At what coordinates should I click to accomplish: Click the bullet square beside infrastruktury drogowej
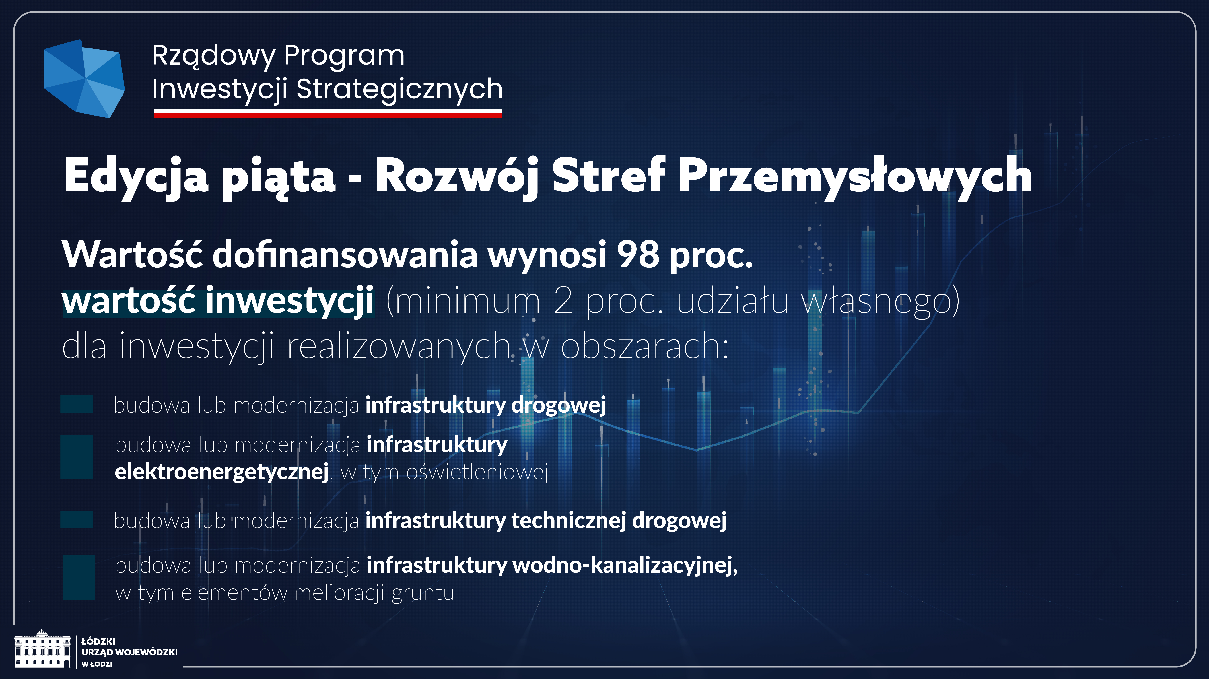(77, 404)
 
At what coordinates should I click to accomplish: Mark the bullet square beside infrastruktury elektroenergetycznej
(77, 457)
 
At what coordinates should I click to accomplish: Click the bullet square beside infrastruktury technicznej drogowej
(77, 520)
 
